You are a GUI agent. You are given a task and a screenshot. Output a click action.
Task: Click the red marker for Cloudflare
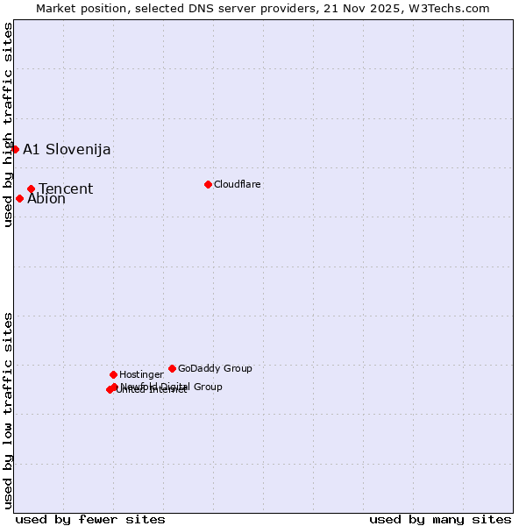[208, 184]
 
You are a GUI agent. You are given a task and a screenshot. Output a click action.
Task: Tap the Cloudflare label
[238, 184]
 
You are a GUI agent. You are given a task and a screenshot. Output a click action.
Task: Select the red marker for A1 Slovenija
[15, 149]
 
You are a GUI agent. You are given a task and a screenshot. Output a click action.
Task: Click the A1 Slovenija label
[67, 149]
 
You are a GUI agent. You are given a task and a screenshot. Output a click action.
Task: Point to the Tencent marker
[31, 188]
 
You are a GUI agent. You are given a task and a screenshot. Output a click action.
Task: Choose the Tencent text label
[66, 188]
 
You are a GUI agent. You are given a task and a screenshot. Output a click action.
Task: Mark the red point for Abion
[19, 198]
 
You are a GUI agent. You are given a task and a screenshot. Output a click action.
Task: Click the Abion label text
[46, 199]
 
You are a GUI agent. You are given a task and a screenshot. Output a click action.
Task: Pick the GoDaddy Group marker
[172, 368]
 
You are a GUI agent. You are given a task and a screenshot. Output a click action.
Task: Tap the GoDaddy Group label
[215, 368]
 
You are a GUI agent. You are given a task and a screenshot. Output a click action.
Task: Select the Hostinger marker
[113, 374]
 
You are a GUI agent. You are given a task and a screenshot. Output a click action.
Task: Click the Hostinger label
[141, 374]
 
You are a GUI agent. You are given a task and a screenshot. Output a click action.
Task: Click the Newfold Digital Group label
[172, 387]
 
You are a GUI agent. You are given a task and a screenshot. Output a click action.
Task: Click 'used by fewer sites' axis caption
[90, 519]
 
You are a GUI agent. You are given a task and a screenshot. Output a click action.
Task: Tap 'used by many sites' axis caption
[440, 519]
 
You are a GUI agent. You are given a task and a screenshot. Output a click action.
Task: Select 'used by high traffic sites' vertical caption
[8, 124]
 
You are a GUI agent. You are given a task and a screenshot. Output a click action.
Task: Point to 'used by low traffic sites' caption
[8, 409]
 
